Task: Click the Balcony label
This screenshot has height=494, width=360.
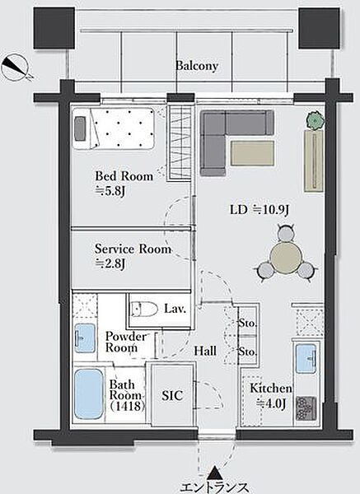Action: point(197,66)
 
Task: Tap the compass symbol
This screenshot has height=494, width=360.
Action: point(16,68)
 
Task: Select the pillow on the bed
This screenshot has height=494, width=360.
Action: point(80,128)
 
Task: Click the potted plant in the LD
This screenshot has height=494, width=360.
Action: point(316,120)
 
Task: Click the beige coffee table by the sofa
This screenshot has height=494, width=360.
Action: point(252,153)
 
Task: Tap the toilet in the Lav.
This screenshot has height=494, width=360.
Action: point(145,309)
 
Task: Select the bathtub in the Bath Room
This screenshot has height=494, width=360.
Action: point(89,394)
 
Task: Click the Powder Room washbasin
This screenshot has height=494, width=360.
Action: point(85,338)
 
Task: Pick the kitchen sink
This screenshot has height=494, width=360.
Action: point(306,359)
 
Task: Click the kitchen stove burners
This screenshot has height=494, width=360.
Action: point(306,408)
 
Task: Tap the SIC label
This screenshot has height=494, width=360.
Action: point(172,395)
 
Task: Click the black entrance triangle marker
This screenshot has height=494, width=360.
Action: point(215,473)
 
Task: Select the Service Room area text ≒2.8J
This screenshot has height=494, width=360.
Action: point(110,263)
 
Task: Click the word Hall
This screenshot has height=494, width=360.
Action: point(205,351)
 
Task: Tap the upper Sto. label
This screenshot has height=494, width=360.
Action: point(247,323)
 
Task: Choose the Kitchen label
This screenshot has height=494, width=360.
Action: point(271,388)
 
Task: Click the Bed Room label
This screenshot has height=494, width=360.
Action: point(124,176)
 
